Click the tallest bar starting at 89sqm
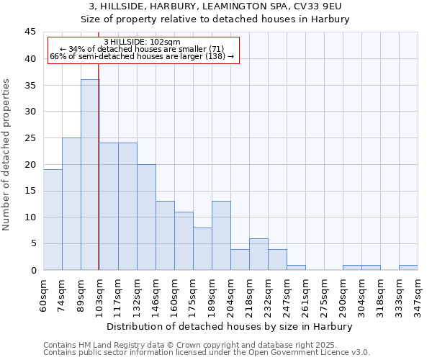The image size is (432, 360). pos(90,175)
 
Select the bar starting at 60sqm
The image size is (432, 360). pos(53,220)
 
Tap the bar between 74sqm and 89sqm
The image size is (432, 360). pos(71,204)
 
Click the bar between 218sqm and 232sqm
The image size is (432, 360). pos(258,254)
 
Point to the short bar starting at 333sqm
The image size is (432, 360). pos(408,267)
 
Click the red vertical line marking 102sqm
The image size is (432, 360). pos(99,180)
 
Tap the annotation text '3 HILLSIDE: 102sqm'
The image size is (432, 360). pos(142,42)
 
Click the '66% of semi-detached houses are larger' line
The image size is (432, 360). pos(142,56)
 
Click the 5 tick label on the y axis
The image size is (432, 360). pos(32,243)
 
